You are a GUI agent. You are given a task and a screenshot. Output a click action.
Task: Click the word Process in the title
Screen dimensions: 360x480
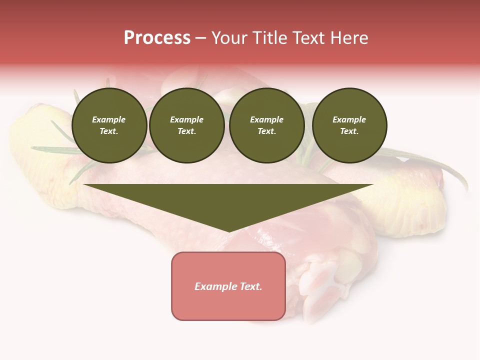[x=157, y=38]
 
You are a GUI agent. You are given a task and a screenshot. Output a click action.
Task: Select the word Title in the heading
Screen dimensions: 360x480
[x=269, y=38]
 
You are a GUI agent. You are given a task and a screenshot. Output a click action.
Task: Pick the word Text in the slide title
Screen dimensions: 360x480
[x=308, y=38]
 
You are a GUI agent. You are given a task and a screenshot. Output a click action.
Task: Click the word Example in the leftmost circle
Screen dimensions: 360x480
[x=109, y=119]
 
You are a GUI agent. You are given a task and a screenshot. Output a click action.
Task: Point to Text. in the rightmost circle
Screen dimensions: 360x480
[x=349, y=131]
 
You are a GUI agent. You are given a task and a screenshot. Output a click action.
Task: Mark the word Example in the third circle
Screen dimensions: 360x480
[x=266, y=119]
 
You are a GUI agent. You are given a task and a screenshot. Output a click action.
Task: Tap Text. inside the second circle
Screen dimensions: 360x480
[x=187, y=131]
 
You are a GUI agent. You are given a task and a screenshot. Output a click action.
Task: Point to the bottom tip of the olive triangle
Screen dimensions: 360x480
[x=228, y=231]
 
